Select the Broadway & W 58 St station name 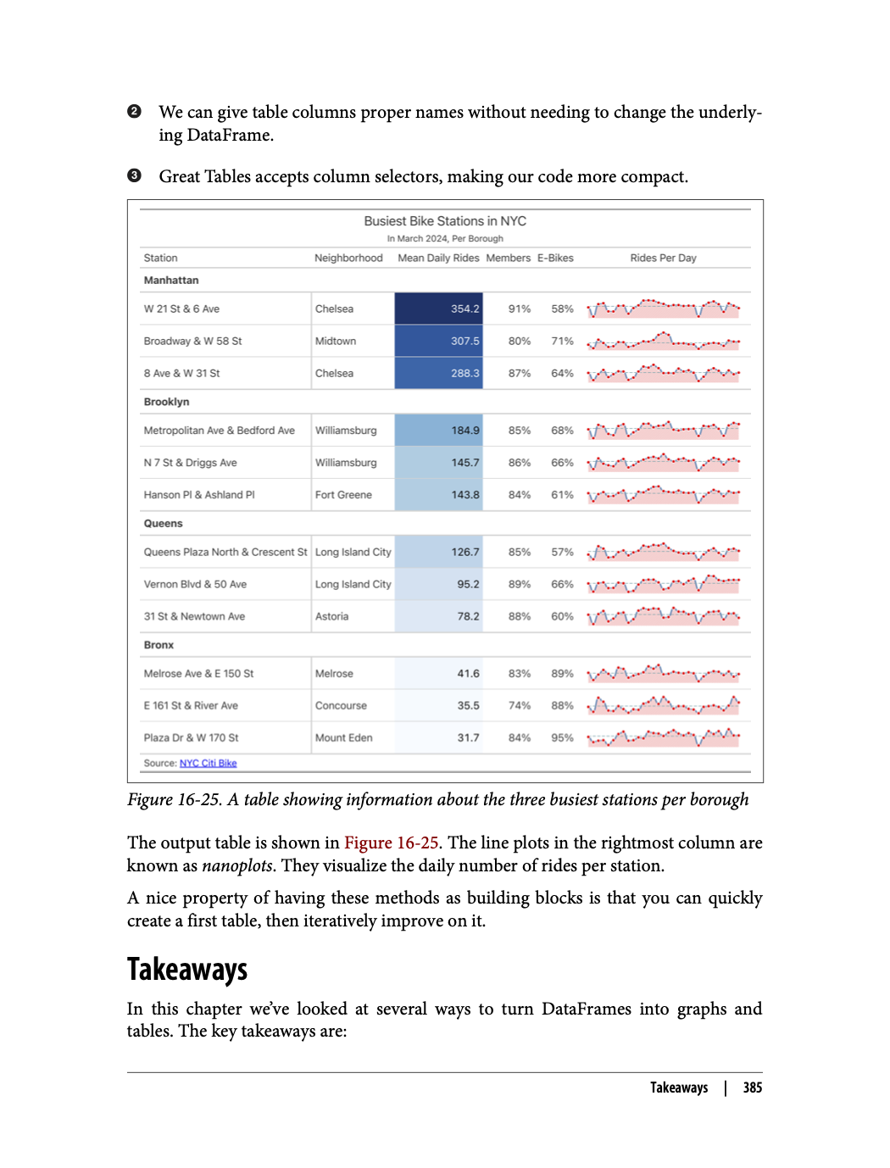(192, 342)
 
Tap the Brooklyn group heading (166, 402)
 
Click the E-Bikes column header (555, 259)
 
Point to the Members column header (508, 259)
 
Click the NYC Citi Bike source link (208, 764)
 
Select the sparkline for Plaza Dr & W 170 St (663, 737)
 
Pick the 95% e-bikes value (562, 738)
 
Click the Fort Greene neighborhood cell (343, 495)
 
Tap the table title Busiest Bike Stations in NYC (445, 221)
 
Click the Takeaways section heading (187, 970)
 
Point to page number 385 (752, 1087)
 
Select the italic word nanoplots (236, 866)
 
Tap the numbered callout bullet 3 (134, 176)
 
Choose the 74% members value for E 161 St (519, 706)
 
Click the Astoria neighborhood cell (331, 617)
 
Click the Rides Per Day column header (663, 259)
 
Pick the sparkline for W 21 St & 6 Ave (663, 309)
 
